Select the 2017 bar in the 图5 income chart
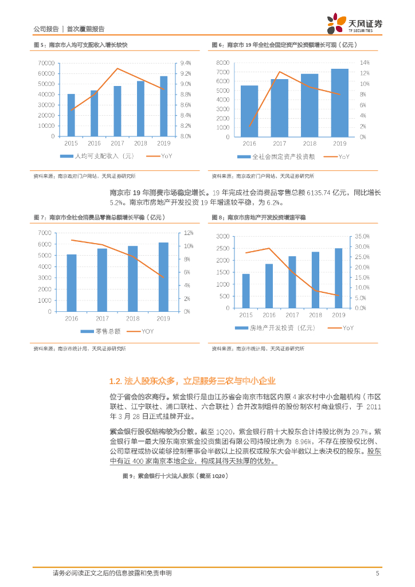pos(118,111)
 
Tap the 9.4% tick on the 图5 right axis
pos(186,63)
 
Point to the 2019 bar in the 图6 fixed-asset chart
pos(339,103)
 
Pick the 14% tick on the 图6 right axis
pos(365,62)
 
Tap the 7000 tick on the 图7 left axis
pos(44,233)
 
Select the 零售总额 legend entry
pos(104,331)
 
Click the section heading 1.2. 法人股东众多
pos(193,381)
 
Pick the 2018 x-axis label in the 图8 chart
pos(315,315)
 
